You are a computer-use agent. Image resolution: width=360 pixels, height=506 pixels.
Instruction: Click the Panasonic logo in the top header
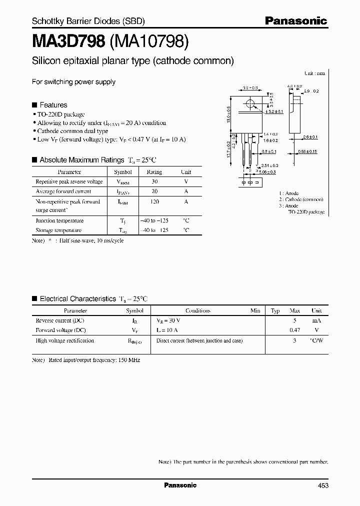point(295,21)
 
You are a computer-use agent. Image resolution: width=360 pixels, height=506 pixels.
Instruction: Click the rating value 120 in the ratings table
point(154,201)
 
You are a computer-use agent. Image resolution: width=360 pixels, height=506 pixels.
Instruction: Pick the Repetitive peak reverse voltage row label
point(69,181)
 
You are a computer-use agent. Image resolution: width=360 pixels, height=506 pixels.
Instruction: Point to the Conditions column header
point(198,310)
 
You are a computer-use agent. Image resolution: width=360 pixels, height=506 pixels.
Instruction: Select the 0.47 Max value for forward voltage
point(294,330)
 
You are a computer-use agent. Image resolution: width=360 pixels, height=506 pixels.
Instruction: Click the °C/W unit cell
point(316,340)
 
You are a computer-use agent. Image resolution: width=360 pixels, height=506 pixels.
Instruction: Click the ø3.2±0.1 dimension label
point(275,111)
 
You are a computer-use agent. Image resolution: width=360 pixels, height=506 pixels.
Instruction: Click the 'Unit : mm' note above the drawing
point(314,73)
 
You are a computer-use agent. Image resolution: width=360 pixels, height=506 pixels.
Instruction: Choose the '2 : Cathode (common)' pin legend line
point(301,199)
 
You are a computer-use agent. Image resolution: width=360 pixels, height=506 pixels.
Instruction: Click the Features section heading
point(53,105)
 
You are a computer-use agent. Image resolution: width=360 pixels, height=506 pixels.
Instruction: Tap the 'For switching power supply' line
point(73,82)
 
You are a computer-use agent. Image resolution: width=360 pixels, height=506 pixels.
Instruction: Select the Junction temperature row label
point(59,220)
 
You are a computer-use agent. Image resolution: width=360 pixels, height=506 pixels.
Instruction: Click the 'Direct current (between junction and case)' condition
point(199,340)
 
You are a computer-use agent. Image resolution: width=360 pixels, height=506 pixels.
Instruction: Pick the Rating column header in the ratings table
point(154,171)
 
